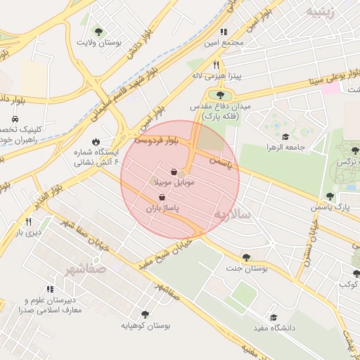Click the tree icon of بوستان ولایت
(98, 32)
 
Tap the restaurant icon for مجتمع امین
(224, 32)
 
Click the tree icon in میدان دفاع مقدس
(221, 94)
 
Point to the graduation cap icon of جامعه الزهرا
(285, 136)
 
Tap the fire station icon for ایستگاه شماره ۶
(96, 141)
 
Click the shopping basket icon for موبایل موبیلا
(174, 172)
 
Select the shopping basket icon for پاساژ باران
(163, 198)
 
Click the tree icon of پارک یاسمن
(330, 196)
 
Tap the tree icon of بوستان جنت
(245, 257)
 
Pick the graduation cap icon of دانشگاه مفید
(273, 317)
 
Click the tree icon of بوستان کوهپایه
(145, 314)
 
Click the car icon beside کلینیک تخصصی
(15, 120)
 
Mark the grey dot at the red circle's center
(181, 174)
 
